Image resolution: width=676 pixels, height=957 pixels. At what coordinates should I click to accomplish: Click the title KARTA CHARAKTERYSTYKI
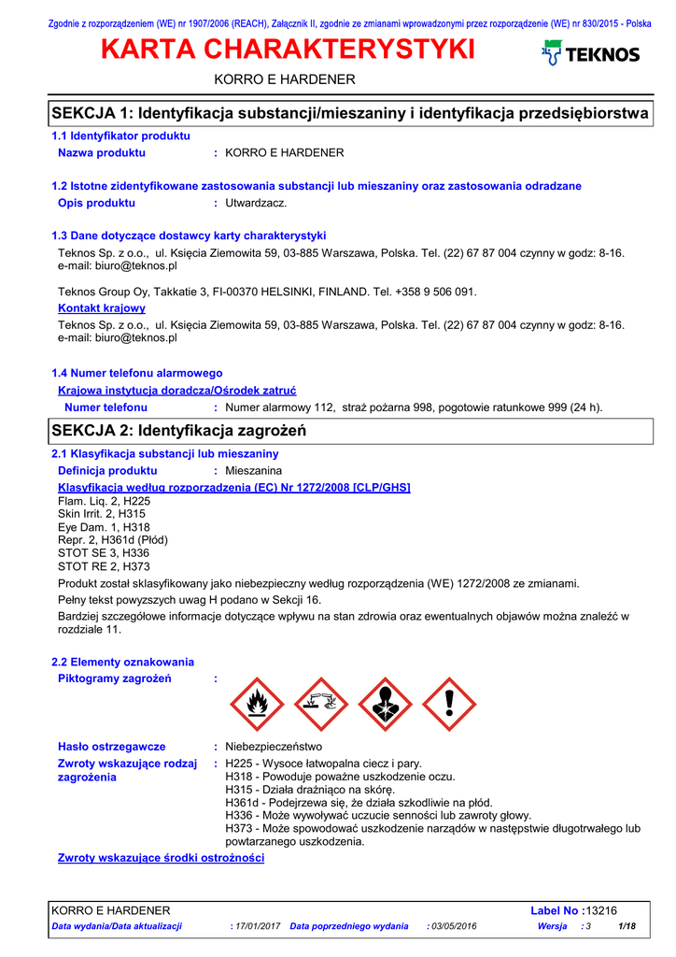coord(288,50)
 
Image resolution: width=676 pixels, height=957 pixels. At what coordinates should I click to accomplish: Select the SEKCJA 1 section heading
coord(348,113)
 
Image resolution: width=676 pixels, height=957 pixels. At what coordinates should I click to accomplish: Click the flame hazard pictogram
coord(258,704)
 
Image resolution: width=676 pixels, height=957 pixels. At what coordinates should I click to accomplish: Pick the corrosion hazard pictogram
coord(321,704)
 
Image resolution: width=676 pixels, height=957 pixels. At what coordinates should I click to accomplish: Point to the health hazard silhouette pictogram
coord(385,704)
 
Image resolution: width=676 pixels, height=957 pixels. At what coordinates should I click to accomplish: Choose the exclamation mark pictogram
coord(449,704)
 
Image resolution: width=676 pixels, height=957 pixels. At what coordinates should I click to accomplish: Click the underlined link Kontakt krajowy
coord(102,307)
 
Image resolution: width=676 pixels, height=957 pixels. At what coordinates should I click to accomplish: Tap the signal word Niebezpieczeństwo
coord(274,747)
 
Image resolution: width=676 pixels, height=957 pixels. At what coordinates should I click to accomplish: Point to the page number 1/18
coord(627,926)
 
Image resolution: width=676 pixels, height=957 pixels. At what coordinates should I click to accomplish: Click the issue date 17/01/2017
coord(258,926)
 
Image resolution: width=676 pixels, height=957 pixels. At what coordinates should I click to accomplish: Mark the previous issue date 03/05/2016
coord(454,926)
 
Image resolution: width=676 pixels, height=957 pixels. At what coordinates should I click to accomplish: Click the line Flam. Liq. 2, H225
coord(104,501)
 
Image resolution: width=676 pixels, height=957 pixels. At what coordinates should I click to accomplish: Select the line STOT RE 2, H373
coord(104,566)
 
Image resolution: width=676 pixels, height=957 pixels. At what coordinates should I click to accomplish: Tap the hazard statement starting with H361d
coord(359,802)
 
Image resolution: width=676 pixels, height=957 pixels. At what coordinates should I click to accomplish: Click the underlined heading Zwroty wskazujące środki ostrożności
coord(161,858)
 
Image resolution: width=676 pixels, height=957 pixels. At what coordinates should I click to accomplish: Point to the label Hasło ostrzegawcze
coord(112,747)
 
